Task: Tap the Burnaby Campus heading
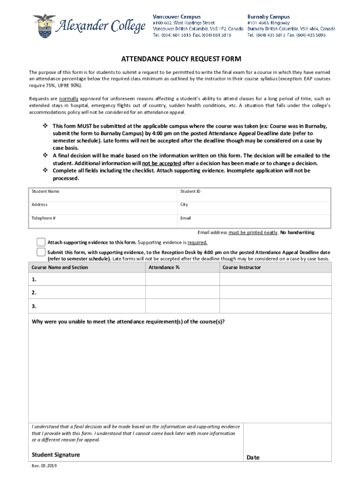click(x=268, y=16)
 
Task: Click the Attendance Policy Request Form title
click(x=181, y=59)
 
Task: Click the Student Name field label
click(x=45, y=191)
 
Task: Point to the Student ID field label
click(x=190, y=191)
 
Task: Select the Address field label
click(x=39, y=204)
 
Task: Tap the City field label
click(x=184, y=204)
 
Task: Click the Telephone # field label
click(x=44, y=218)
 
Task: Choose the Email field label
click(x=186, y=218)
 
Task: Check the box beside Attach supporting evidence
click(x=41, y=242)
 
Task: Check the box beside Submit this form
click(x=41, y=252)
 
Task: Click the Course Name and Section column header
click(x=60, y=268)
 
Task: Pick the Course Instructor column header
click(x=242, y=268)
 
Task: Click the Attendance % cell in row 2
click(x=182, y=293)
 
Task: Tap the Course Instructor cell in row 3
click(x=275, y=306)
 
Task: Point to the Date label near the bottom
click(x=253, y=457)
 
